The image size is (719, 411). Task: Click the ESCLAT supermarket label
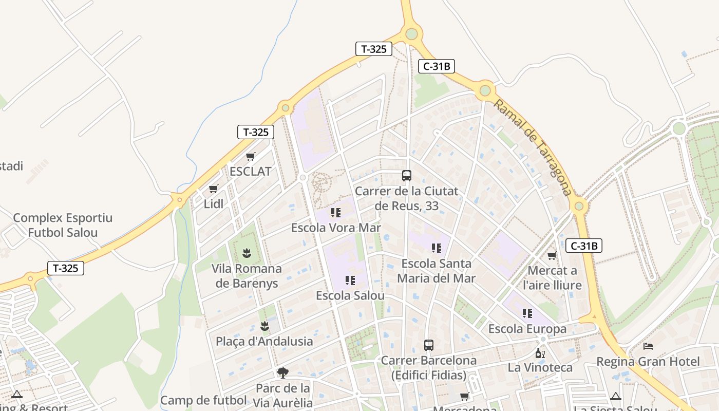[x=250, y=171]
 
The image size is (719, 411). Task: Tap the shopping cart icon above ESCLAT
[x=250, y=156]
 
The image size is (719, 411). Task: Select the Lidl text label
[x=214, y=203]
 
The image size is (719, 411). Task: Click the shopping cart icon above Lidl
[x=214, y=189]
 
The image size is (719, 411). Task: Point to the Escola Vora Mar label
[x=336, y=227]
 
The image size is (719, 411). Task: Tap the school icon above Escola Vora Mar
[x=336, y=212]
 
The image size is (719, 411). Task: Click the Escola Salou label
[x=350, y=295]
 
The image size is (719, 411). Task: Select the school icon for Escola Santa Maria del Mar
[x=437, y=248]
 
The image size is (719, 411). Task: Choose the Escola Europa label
[x=527, y=328]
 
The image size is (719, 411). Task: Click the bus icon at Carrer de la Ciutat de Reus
[x=407, y=176]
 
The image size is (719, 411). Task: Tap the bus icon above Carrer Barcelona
[x=429, y=345]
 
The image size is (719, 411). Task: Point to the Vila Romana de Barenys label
[x=247, y=276]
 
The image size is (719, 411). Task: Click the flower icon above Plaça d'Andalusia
[x=264, y=326]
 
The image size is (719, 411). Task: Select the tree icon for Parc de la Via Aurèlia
[x=282, y=372]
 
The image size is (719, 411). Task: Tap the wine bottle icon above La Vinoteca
[x=540, y=353]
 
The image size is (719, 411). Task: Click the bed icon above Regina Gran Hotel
[x=648, y=347]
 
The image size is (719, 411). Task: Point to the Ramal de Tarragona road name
[x=533, y=147]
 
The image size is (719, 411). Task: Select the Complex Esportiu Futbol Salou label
[x=63, y=225]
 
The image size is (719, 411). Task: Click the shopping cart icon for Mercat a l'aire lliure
[x=552, y=255]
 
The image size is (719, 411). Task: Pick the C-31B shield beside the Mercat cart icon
[x=584, y=246]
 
